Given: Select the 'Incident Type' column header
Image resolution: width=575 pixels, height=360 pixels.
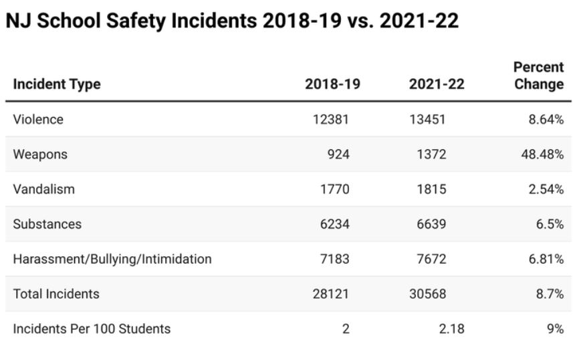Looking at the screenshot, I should [57, 84].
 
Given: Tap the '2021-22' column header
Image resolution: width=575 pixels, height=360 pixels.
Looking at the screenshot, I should [436, 84].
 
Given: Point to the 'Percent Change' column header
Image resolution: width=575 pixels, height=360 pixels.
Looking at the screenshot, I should [538, 76].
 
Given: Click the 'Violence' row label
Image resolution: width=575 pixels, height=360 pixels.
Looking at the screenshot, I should [38, 120].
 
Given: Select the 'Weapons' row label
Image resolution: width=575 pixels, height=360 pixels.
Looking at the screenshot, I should [40, 155].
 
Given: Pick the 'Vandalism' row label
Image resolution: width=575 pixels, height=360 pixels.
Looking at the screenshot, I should [43, 189].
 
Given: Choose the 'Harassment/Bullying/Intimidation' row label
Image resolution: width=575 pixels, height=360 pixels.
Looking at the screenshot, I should [112, 259].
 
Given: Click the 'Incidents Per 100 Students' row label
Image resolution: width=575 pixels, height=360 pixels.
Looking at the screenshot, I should [92, 329].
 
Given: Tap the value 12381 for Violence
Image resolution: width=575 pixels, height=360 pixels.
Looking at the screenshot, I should [332, 120].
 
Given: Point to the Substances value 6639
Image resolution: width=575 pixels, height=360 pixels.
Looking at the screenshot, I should [430, 224].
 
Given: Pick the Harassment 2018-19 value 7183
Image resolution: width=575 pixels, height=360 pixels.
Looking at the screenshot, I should [335, 259].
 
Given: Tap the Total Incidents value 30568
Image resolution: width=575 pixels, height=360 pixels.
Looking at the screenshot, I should [427, 294].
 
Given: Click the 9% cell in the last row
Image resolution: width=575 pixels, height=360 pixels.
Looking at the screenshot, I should [555, 329].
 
